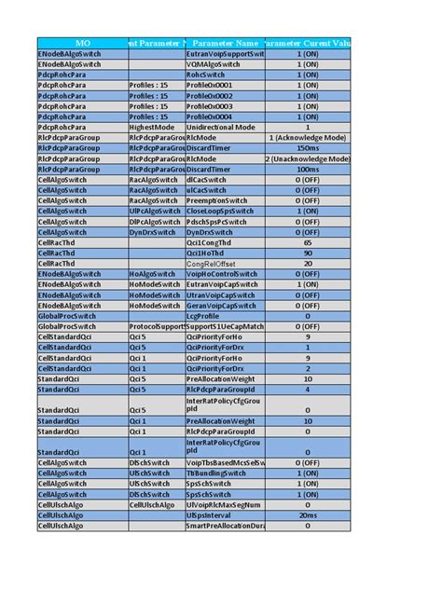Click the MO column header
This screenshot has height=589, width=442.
click(82, 43)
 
